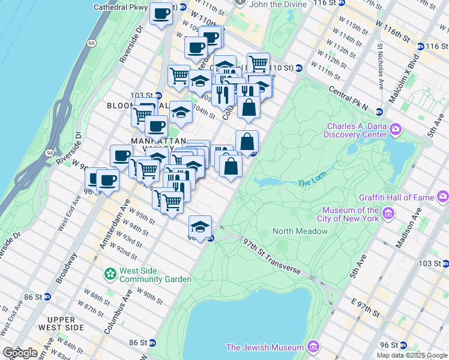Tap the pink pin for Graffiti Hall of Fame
click(x=443, y=195)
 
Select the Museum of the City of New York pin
click(x=388, y=213)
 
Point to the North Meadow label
click(x=294, y=231)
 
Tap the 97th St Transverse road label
click(x=272, y=256)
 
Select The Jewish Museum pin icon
click(x=312, y=347)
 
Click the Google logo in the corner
click(x=20, y=352)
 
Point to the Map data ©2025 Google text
click(x=412, y=355)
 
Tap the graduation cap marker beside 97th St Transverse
click(x=200, y=226)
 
